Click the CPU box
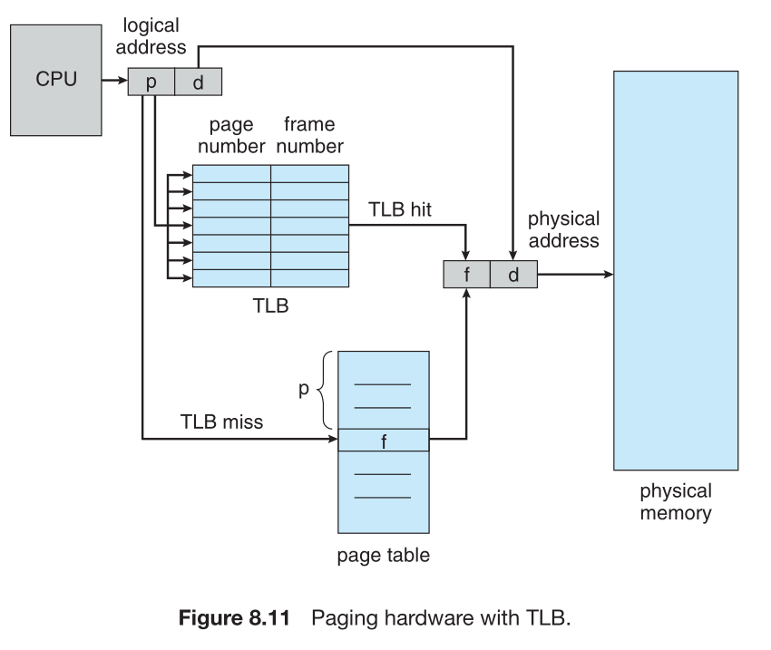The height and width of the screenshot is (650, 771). [x=55, y=79]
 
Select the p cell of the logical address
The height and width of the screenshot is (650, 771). [x=151, y=82]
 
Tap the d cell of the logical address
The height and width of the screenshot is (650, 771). [x=198, y=82]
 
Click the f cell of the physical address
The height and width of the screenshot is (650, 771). [x=466, y=275]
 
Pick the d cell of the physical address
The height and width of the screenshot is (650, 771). [x=512, y=275]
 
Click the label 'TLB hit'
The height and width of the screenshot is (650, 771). [x=400, y=209]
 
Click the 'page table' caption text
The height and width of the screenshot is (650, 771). [x=382, y=556]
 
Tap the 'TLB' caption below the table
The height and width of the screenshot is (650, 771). [x=270, y=306]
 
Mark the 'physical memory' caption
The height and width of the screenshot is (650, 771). [x=676, y=502]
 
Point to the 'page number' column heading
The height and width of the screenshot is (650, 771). [x=230, y=134]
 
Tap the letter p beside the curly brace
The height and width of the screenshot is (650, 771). [x=304, y=390]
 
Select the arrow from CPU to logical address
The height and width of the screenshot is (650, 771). [x=114, y=82]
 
